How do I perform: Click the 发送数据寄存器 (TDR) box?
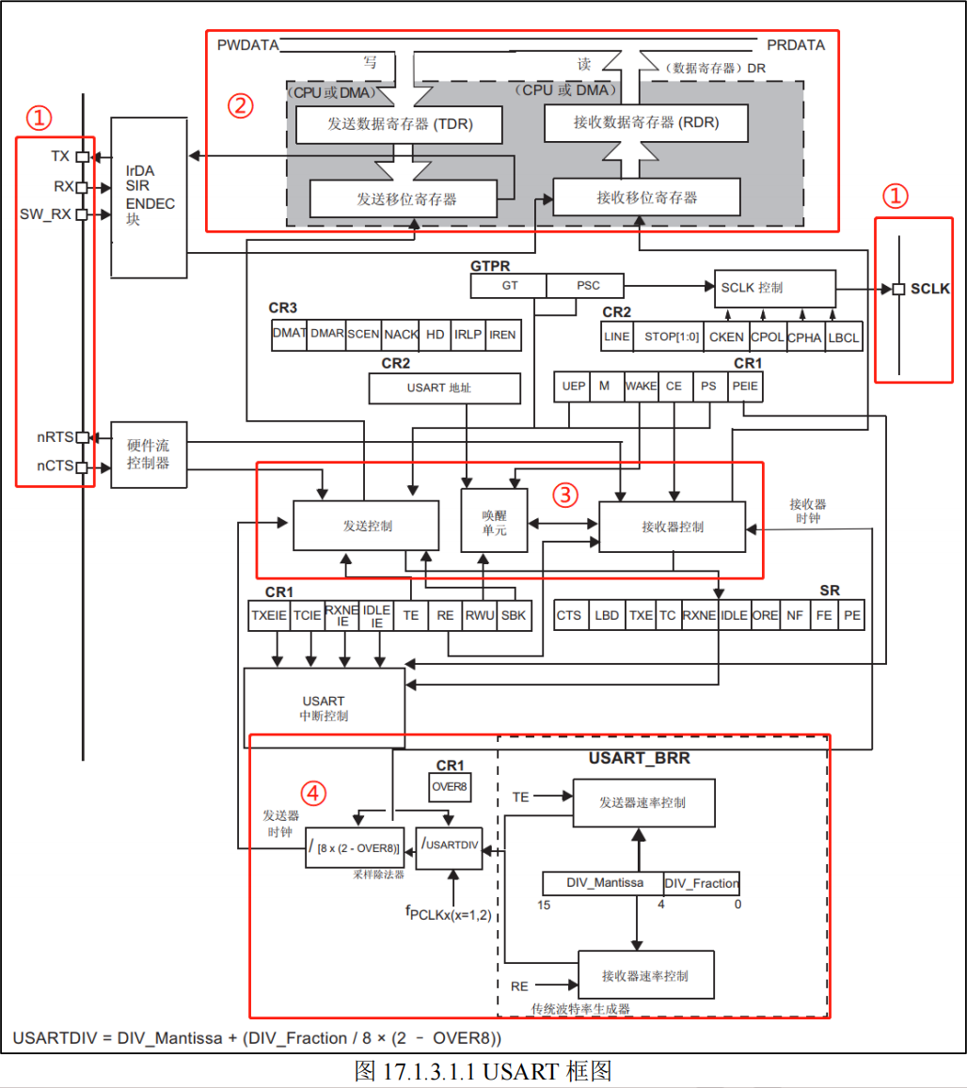point(399,124)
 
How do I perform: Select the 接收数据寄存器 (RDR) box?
point(647,122)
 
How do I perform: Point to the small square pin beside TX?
point(83,157)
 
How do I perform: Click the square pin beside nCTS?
point(83,467)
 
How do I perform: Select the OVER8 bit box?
point(450,786)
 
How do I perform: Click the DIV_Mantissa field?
point(603,883)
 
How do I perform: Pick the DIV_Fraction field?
point(702,883)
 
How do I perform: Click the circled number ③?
point(564,494)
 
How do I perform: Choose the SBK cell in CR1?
point(514,615)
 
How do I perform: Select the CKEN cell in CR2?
point(725,336)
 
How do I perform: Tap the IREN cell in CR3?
point(502,334)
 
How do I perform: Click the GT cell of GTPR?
point(508,286)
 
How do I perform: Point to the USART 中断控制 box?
point(324,708)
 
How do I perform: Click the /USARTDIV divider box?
point(449,844)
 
